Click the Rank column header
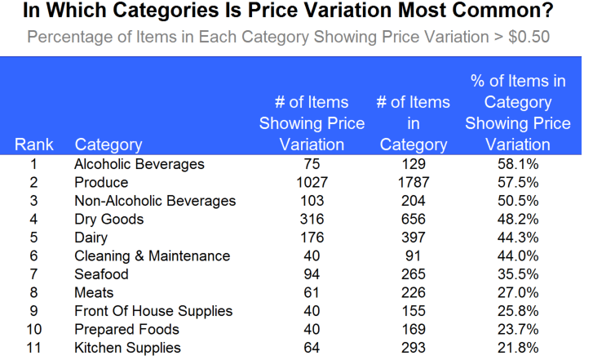[x=34, y=144]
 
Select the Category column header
[x=108, y=144]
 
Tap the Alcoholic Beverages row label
[x=139, y=164]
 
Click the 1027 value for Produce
[x=312, y=182]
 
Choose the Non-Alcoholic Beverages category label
[x=155, y=201]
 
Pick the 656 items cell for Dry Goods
[x=413, y=219]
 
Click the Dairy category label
[x=92, y=238]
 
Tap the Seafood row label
[x=100, y=274]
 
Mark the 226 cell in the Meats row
[x=413, y=292]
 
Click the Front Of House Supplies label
[x=153, y=311]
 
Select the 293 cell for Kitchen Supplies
[x=413, y=348]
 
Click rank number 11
[x=34, y=348]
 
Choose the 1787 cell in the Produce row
[x=413, y=182]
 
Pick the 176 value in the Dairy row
[x=312, y=238]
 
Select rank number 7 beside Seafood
[x=34, y=274]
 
